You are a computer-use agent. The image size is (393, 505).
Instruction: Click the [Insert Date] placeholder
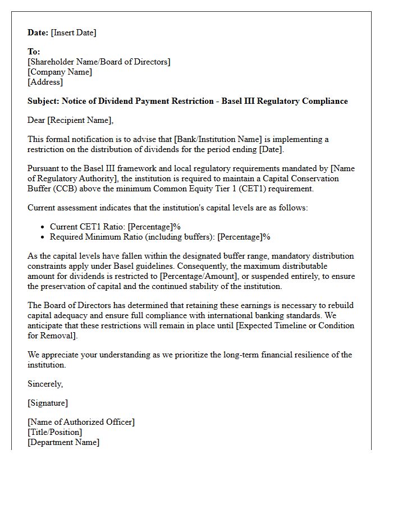point(74,33)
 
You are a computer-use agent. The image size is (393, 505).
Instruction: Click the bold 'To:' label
point(34,52)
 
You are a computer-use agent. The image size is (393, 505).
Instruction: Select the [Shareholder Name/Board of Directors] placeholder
point(99,62)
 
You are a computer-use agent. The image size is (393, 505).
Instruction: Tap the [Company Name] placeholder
point(60,72)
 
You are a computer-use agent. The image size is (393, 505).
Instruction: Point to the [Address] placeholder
point(45,82)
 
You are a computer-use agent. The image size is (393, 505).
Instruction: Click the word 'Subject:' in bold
point(43,102)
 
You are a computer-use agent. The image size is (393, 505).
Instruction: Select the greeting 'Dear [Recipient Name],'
point(70,120)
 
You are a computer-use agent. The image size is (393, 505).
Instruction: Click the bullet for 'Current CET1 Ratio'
point(44,227)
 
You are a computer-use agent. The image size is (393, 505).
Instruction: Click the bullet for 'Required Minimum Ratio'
point(44,237)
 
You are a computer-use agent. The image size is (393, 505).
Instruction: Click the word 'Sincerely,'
point(45,384)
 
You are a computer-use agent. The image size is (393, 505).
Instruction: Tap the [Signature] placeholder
point(48,403)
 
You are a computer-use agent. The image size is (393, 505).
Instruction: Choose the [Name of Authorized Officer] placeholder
point(81,422)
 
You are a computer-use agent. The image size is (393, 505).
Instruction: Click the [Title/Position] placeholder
point(55,432)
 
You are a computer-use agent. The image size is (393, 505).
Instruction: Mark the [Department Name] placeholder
point(63,442)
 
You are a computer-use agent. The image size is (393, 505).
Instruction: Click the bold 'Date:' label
point(38,33)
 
